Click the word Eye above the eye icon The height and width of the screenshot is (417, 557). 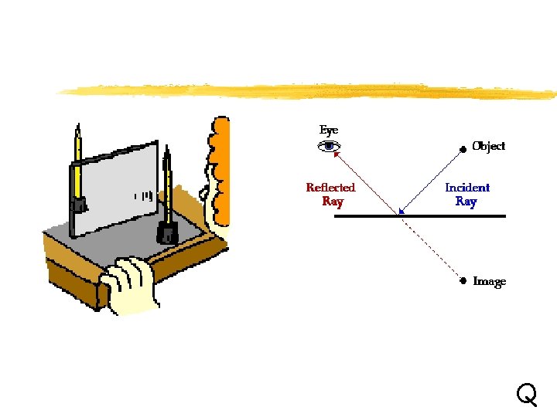[x=329, y=131]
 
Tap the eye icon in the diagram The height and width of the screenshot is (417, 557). [x=330, y=146]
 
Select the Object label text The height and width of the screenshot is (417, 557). [x=489, y=146]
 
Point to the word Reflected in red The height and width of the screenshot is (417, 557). [x=330, y=188]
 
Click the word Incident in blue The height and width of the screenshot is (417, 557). [x=467, y=188]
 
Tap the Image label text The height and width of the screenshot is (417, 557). [x=489, y=282]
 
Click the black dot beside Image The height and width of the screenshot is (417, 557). [x=463, y=281]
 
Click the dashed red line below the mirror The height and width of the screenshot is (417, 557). [x=430, y=247]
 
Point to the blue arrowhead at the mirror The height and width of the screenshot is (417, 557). [x=401, y=211]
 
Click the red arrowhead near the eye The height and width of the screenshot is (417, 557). [x=337, y=153]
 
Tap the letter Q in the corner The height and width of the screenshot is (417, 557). [x=526, y=395]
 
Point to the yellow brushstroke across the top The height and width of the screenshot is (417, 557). [x=309, y=90]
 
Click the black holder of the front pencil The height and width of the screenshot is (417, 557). [x=166, y=232]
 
